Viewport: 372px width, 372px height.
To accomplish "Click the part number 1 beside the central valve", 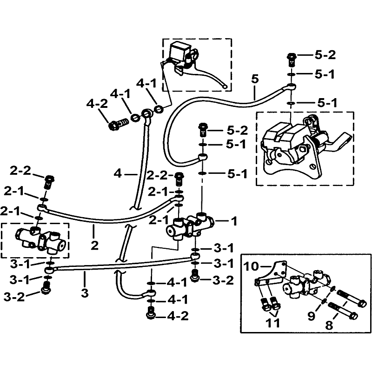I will tap(233, 221).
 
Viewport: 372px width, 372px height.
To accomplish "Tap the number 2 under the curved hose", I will tap(95, 245).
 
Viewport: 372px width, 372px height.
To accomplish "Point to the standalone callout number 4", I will tap(118, 175).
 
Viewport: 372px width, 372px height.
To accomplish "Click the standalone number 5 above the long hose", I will tap(253, 79).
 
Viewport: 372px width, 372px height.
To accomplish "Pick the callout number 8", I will tap(329, 325).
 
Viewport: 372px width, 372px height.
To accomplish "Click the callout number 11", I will tap(273, 322).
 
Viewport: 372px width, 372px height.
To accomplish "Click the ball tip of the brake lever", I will tap(226, 86).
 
